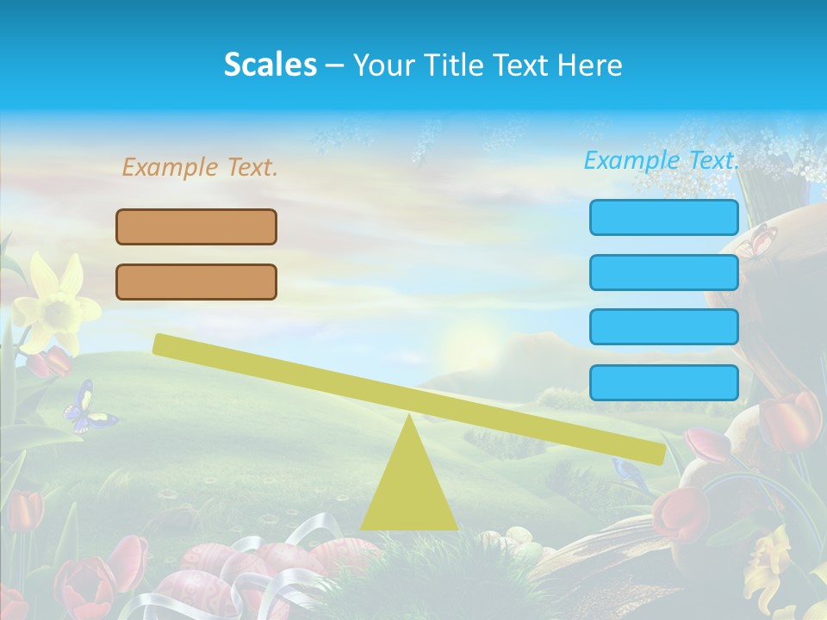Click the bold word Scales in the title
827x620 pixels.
pyautogui.click(x=270, y=65)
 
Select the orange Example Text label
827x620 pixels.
pyautogui.click(x=200, y=167)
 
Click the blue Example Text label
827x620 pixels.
pyautogui.click(x=662, y=160)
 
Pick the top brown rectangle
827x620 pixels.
pyautogui.click(x=196, y=226)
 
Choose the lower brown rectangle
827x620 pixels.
pyautogui.click(x=196, y=282)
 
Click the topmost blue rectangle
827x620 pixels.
pyautogui.click(x=663, y=217)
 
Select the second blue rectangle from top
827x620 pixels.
pyautogui.click(x=663, y=272)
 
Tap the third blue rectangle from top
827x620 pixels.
pyautogui.click(x=663, y=327)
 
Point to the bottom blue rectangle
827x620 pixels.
pyautogui.click(x=663, y=382)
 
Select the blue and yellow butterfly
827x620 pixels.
pyautogui.click(x=86, y=408)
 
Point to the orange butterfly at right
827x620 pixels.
pyautogui.click(x=756, y=241)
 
